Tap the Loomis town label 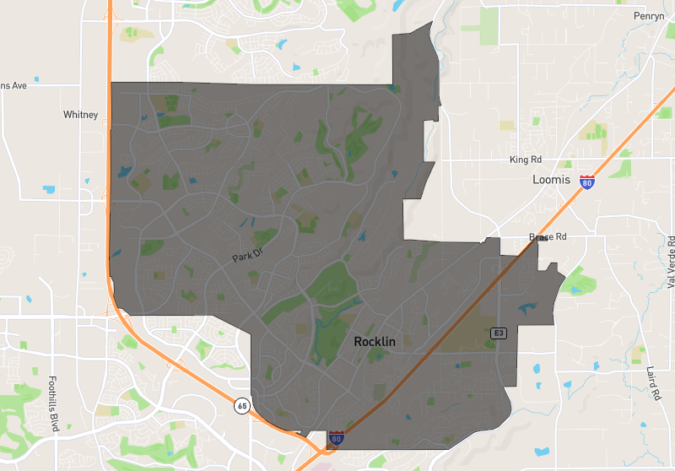pyautogui.click(x=553, y=180)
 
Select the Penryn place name pyautogui.click(x=651, y=16)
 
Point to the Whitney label pyautogui.click(x=81, y=115)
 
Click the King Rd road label pyautogui.click(x=526, y=160)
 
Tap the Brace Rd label pyautogui.click(x=548, y=237)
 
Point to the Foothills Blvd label pyautogui.click(x=52, y=403)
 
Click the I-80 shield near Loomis pyautogui.click(x=587, y=181)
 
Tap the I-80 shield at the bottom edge pyautogui.click(x=337, y=437)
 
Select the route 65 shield pyautogui.click(x=242, y=406)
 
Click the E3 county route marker pyautogui.click(x=499, y=333)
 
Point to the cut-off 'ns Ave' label pyautogui.click(x=13, y=85)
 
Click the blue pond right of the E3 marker pyautogui.click(x=527, y=308)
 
